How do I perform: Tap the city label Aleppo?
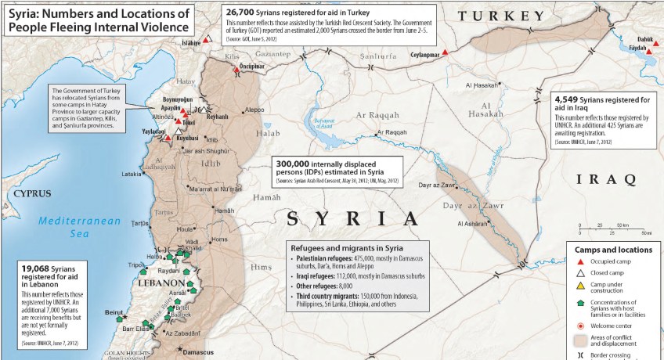(254, 110)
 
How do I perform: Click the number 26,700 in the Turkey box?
(243, 13)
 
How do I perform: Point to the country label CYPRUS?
(31, 193)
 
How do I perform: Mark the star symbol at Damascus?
(179, 349)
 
